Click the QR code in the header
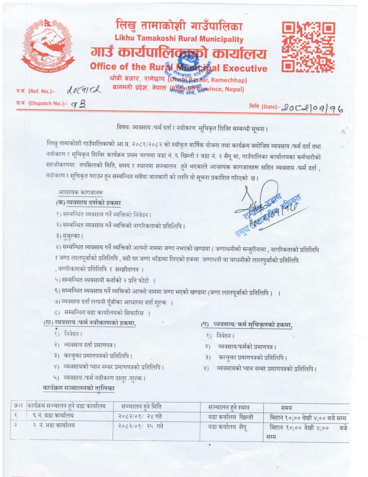pos(308,47)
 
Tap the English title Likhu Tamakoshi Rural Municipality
pos(179,39)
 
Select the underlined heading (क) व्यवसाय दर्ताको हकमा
pos(88,203)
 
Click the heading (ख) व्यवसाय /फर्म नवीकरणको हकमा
pos(90,323)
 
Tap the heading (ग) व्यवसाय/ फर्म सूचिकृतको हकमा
pos(247,326)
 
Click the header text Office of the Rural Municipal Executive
pos(179,68)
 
